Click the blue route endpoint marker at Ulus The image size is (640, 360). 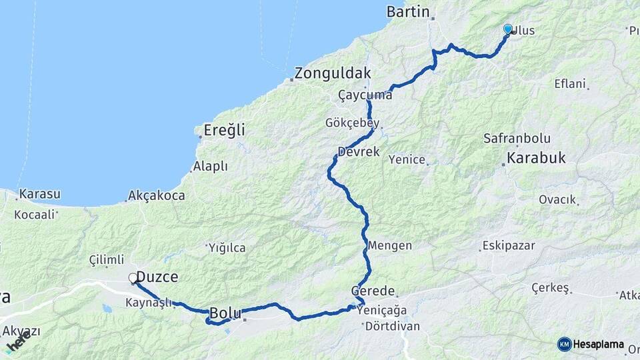coord(508,29)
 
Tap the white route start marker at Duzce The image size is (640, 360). coord(133,277)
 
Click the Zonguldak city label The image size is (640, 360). coord(333,73)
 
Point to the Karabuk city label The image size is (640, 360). coord(536,159)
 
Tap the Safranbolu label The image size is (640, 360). coord(517,139)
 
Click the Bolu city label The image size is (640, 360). coord(225,313)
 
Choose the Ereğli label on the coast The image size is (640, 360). coord(223,130)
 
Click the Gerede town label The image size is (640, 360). coord(374,292)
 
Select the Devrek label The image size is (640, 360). coord(359,152)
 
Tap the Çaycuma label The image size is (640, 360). coord(365,95)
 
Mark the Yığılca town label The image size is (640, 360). coord(227,248)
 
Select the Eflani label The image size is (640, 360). coord(569,84)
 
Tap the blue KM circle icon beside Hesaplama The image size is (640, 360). coord(564,344)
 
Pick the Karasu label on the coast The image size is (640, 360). coord(40,195)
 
